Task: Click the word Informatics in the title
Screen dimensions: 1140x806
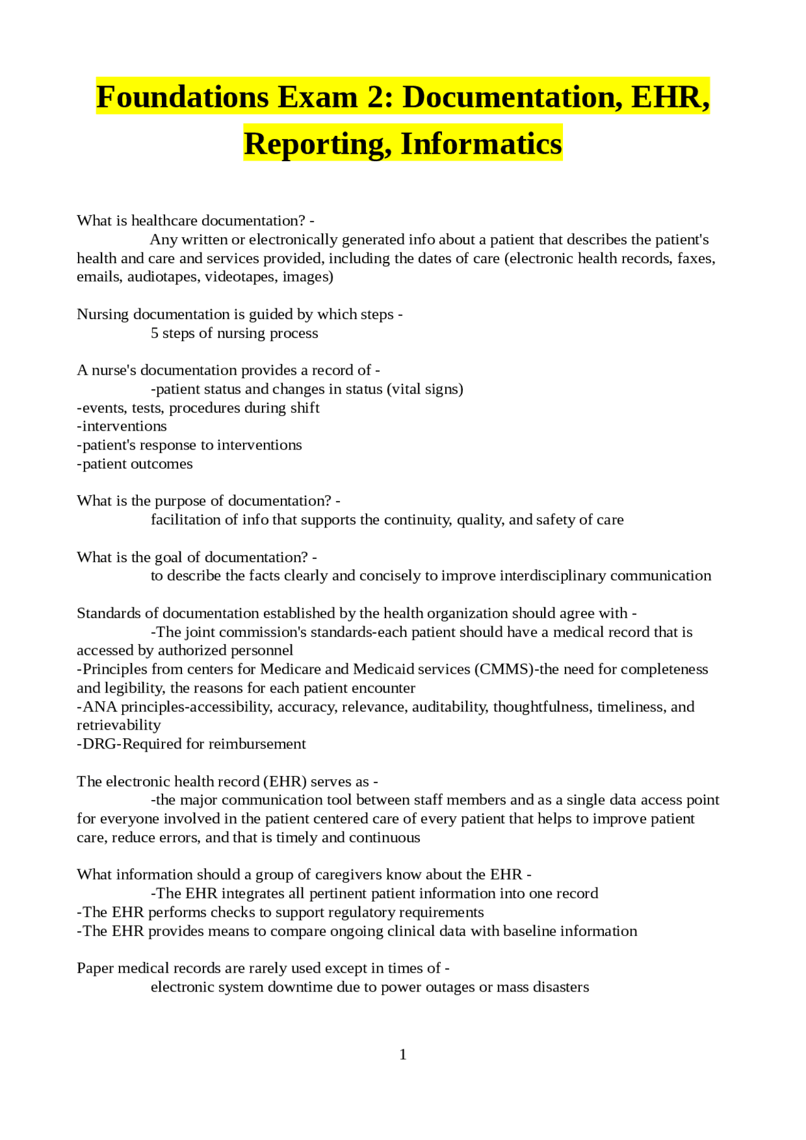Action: click(481, 144)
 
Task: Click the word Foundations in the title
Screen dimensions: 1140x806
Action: click(183, 98)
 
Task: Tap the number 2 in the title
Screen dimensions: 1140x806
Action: click(383, 98)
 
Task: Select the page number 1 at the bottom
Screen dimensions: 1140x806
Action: click(403, 1054)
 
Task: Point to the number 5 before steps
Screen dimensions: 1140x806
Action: click(154, 333)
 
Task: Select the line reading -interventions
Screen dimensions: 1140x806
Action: click(122, 426)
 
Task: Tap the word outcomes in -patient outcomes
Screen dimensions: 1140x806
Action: click(164, 464)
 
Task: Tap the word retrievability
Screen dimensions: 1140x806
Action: click(119, 725)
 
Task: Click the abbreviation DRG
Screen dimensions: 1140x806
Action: click(99, 744)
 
